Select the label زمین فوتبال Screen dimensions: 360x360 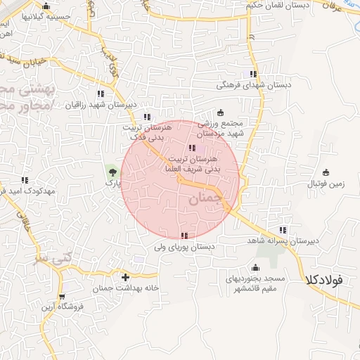326,184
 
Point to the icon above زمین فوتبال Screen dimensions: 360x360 326,172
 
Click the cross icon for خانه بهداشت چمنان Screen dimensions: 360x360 126,277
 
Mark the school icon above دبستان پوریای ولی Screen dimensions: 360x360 184,236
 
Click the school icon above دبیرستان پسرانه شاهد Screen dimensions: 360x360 283,229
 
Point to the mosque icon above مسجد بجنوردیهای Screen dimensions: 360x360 255,266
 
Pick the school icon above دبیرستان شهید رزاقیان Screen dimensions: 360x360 101,94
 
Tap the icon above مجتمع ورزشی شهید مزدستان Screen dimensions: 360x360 220,112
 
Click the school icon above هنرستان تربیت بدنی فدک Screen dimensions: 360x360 146,117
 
